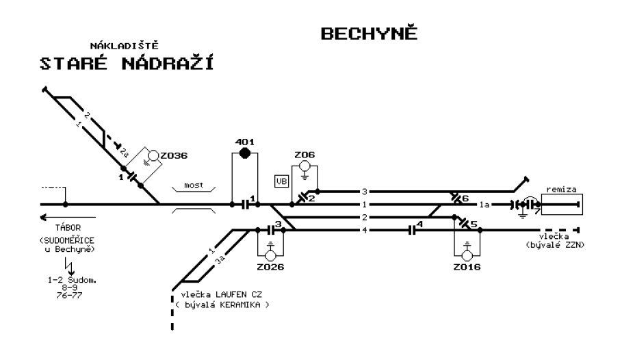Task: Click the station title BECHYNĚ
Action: [369, 33]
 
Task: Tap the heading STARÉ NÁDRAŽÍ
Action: [127, 63]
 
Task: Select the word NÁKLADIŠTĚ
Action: [124, 45]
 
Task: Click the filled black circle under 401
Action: [245, 153]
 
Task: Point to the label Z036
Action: [174, 155]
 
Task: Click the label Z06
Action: [304, 155]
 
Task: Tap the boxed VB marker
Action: [282, 181]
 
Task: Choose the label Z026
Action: [270, 267]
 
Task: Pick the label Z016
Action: [467, 267]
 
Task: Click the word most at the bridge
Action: [194, 185]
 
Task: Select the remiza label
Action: [561, 190]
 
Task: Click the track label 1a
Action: [484, 205]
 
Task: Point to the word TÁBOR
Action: [68, 228]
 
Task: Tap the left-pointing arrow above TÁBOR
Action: [68, 218]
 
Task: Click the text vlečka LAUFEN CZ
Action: [221, 295]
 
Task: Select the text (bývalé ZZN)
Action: [556, 245]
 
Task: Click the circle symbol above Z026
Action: [270, 255]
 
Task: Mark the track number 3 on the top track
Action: [365, 192]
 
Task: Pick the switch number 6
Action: [465, 198]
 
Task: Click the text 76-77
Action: [69, 295]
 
